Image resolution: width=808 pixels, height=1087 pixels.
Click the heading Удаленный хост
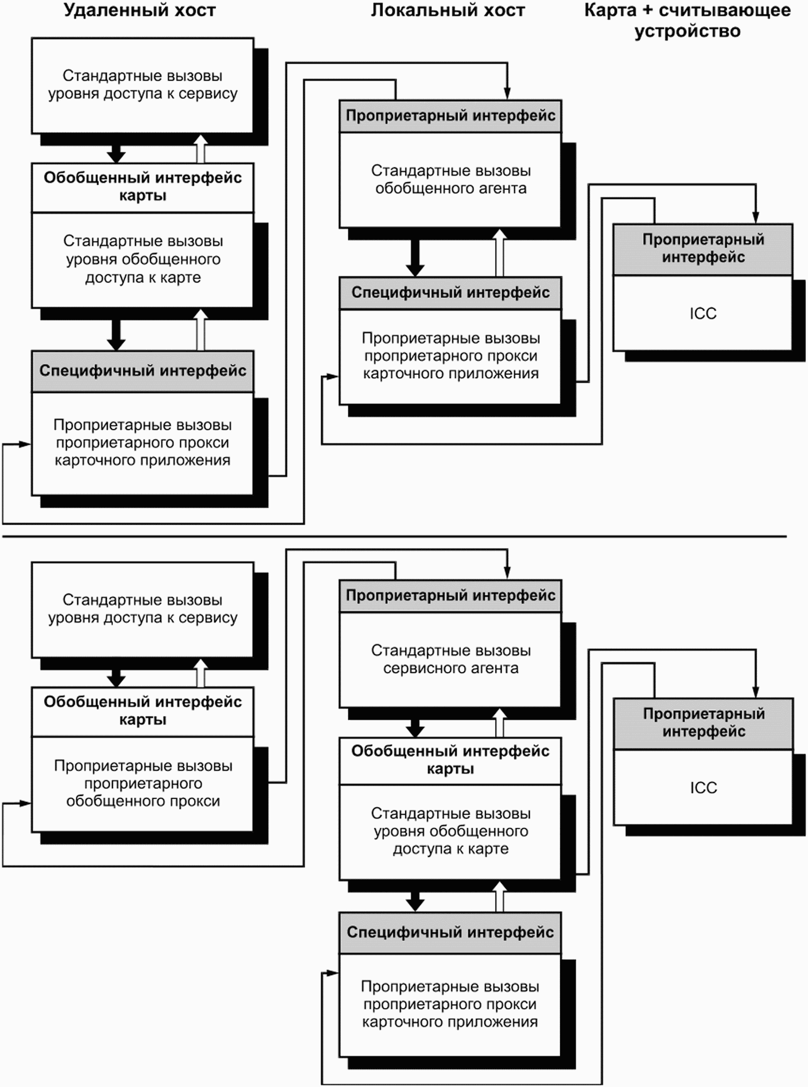tap(140, 10)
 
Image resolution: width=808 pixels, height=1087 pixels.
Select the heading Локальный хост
tap(448, 10)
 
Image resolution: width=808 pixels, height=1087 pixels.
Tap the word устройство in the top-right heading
tap(687, 31)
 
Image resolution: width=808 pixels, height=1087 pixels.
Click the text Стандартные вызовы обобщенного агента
tap(451, 179)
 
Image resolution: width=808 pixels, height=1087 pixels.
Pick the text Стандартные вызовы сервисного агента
tap(451, 659)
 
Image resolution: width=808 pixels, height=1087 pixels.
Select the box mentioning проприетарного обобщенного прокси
tap(143, 784)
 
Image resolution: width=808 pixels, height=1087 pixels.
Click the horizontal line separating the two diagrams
tap(394, 536)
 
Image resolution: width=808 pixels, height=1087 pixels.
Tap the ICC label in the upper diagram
tap(703, 313)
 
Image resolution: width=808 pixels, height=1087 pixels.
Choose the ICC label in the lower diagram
tap(704, 788)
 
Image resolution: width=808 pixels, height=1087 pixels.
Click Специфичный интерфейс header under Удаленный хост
tap(143, 371)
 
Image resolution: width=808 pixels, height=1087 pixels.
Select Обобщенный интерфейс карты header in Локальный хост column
tap(450, 760)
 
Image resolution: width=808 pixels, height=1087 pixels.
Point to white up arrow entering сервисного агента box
tap(500, 723)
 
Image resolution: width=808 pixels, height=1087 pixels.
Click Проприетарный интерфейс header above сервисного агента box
tap(450, 595)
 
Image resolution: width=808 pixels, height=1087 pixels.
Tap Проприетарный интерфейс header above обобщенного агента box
tap(450, 116)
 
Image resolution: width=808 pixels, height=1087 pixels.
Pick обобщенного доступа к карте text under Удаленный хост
tap(143, 268)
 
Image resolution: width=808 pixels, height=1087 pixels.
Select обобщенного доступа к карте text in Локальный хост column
tap(451, 840)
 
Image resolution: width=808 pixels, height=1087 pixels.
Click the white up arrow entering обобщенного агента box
tap(500, 253)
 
